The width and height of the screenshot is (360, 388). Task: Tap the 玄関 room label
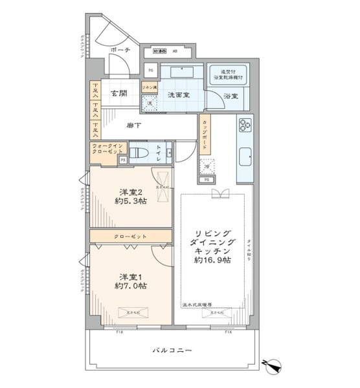tap(118, 92)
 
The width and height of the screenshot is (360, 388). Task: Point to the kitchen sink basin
tap(246, 158)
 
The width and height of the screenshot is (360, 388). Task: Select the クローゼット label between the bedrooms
tap(130, 237)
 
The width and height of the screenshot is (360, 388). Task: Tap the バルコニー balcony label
tap(172, 350)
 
